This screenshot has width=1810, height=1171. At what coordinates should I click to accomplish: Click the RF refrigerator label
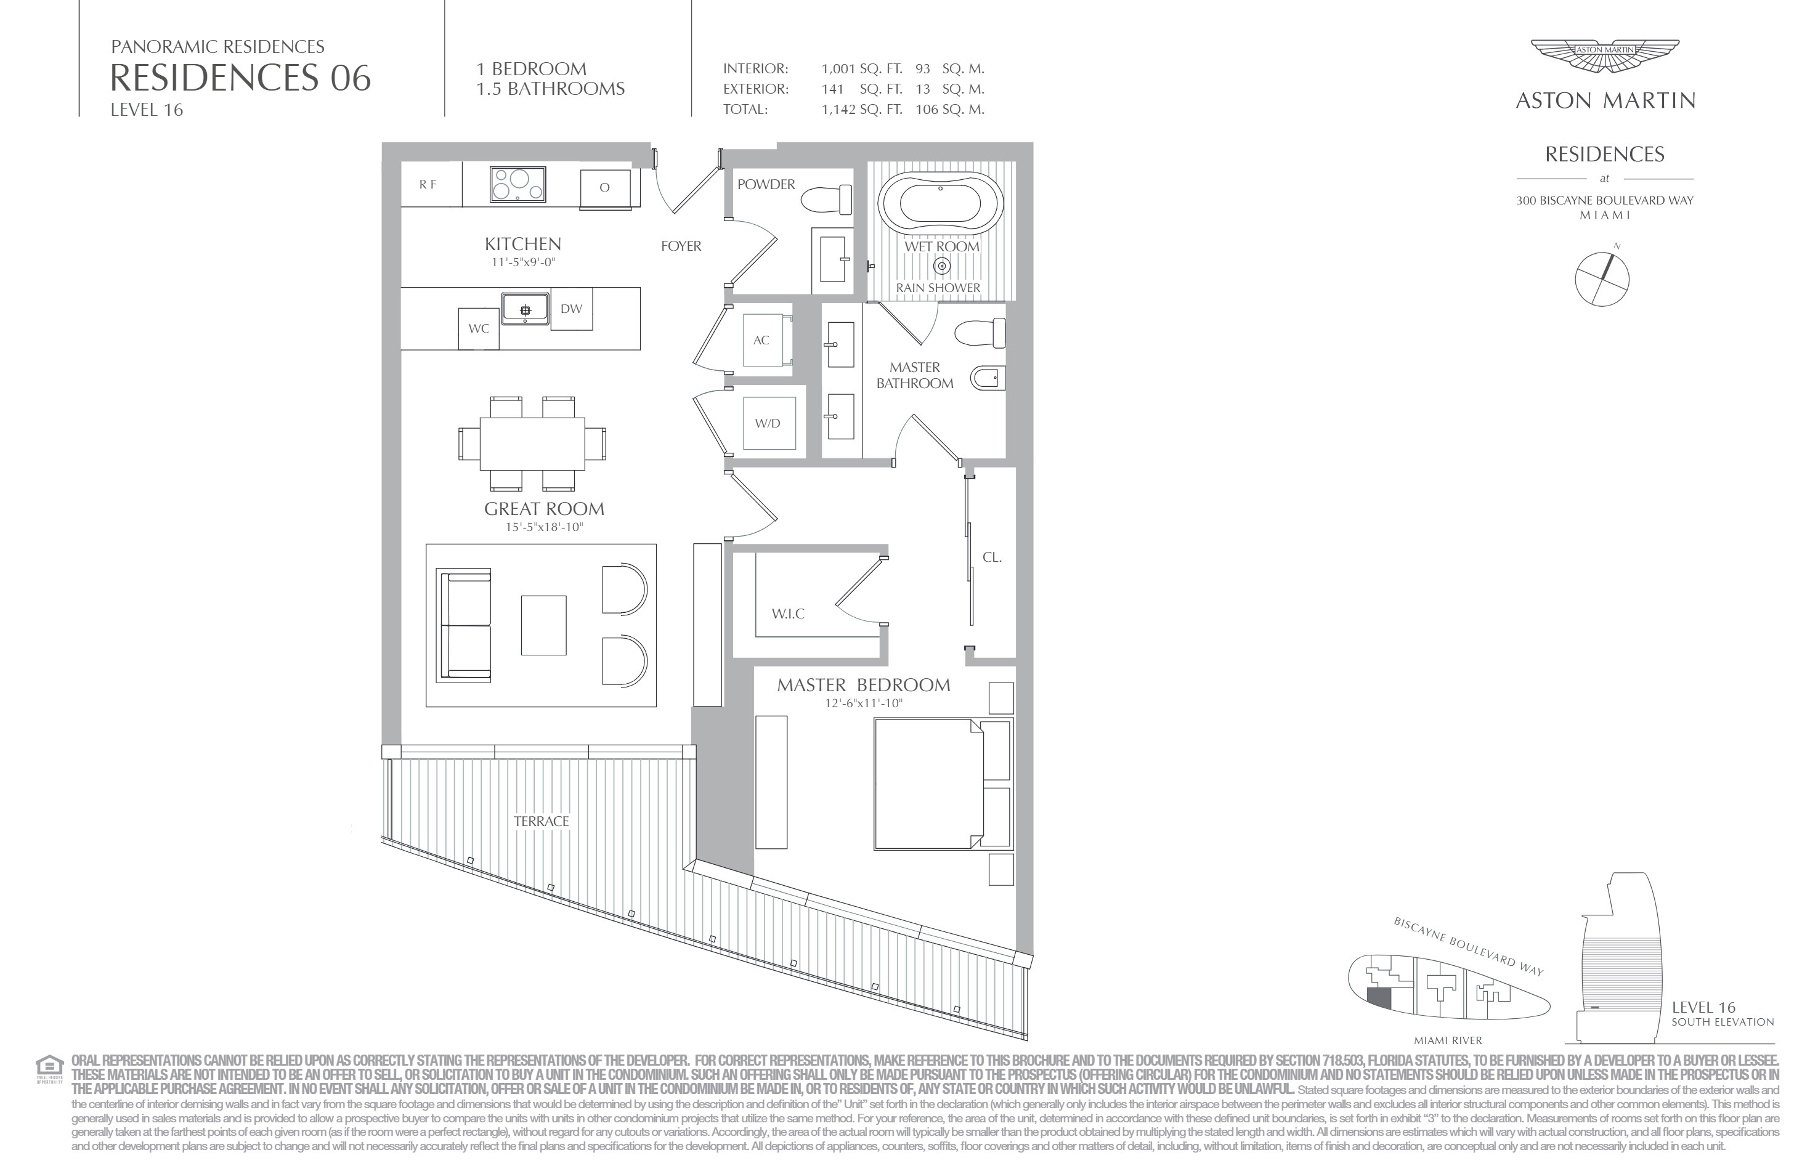click(428, 185)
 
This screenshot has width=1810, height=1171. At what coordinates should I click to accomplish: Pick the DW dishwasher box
click(571, 309)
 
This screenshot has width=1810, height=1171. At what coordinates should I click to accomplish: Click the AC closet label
click(761, 341)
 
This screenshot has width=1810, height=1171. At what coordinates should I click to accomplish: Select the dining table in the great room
click(532, 444)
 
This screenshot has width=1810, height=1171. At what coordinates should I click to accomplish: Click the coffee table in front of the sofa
click(544, 625)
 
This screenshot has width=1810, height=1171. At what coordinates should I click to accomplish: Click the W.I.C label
click(788, 614)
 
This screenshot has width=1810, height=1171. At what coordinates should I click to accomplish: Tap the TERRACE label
click(542, 821)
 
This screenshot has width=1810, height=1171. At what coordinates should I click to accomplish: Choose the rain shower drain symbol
click(941, 266)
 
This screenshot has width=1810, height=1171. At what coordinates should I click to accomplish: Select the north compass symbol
click(1602, 278)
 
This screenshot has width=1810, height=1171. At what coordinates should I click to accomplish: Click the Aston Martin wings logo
click(1605, 57)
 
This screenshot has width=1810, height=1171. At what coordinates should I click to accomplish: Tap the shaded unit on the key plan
click(1379, 999)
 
